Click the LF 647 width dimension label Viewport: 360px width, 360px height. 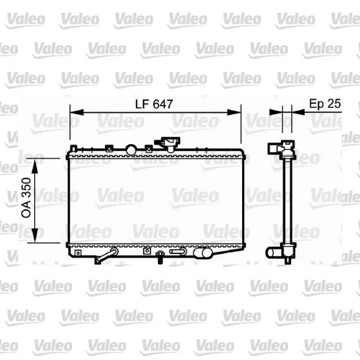tap(154, 104)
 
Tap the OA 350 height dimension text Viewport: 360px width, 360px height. tap(26, 198)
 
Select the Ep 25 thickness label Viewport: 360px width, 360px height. tap(324, 103)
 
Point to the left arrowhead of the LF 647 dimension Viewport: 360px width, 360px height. tap(76, 112)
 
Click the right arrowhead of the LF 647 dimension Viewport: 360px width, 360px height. tap(234, 112)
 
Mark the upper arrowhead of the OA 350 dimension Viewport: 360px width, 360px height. tap(35, 166)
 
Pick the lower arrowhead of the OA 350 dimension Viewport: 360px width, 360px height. tap(35, 235)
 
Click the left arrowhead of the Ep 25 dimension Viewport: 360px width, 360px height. tap(276, 112)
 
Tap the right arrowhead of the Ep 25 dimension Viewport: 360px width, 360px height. tap(298, 112)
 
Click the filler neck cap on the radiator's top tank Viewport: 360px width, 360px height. tap(169, 144)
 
